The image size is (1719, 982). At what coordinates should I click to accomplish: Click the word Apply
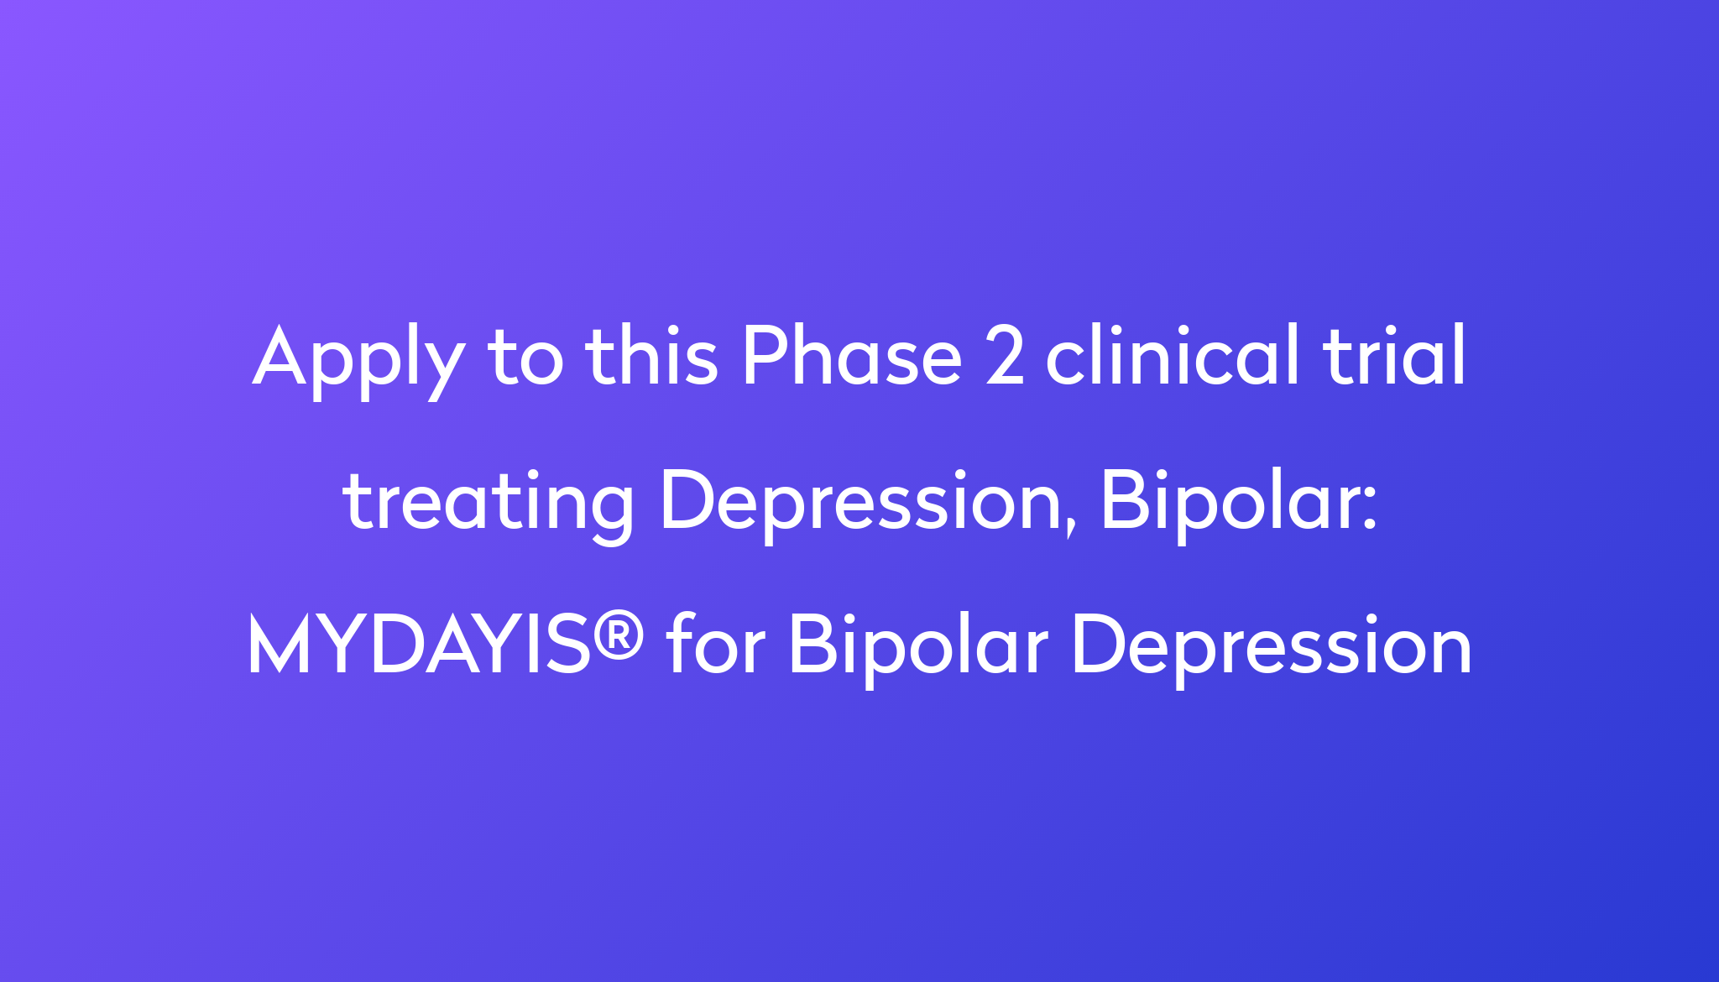tap(358, 361)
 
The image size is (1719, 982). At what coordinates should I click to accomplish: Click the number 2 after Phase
tap(1005, 356)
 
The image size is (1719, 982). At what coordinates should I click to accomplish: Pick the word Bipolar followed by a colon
tap(1225, 502)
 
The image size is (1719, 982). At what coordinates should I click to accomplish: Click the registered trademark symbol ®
tap(619, 634)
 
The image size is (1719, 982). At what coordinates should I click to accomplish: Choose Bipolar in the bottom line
tap(918, 647)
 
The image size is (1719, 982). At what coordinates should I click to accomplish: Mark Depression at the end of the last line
tap(1272, 647)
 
